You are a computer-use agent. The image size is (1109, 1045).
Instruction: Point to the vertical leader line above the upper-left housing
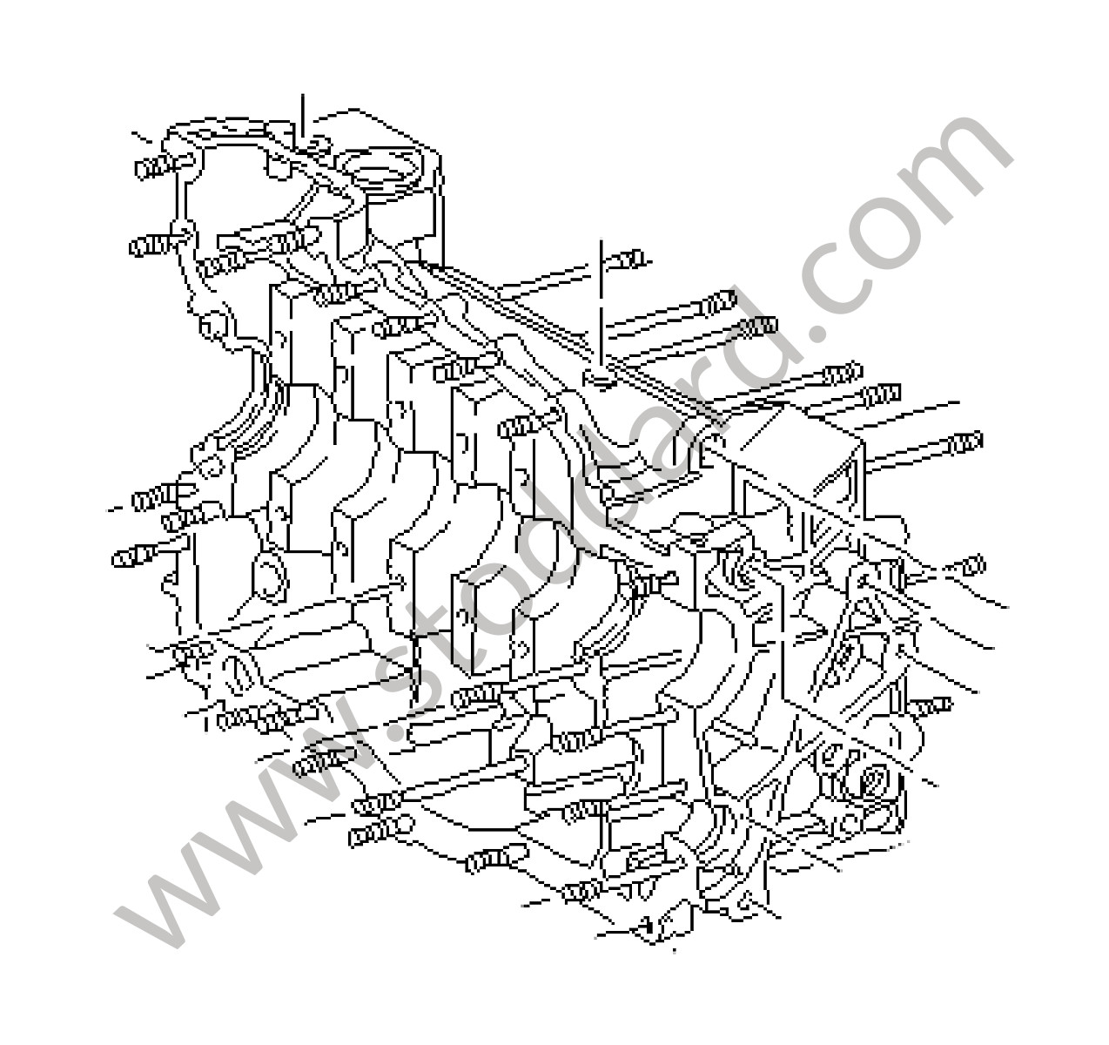click(x=303, y=116)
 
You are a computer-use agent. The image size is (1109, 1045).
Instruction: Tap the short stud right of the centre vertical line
click(x=628, y=260)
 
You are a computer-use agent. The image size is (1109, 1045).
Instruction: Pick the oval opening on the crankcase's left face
click(x=270, y=579)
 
